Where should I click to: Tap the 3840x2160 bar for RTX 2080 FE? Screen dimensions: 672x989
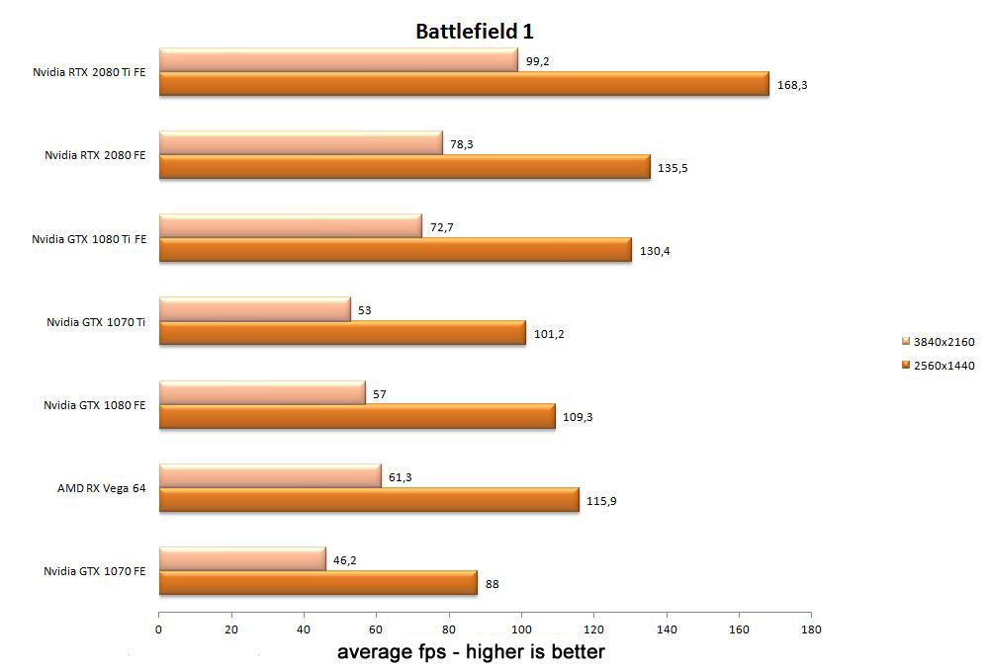pos(301,144)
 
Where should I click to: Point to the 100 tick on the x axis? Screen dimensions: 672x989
pos(521,629)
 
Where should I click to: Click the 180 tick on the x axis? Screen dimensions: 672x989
pos(811,629)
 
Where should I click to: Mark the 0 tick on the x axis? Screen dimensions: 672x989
pos(158,629)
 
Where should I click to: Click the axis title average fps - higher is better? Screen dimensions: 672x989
pos(471,652)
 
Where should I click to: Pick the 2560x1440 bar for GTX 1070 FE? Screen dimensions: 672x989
pos(317,583)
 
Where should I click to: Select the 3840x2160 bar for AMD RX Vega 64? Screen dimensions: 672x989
pos(269,476)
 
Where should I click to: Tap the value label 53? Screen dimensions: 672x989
pos(364,310)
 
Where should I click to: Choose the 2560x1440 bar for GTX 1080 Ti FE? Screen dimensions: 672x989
pos(395,250)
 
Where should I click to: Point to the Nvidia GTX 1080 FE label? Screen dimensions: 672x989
pos(95,405)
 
